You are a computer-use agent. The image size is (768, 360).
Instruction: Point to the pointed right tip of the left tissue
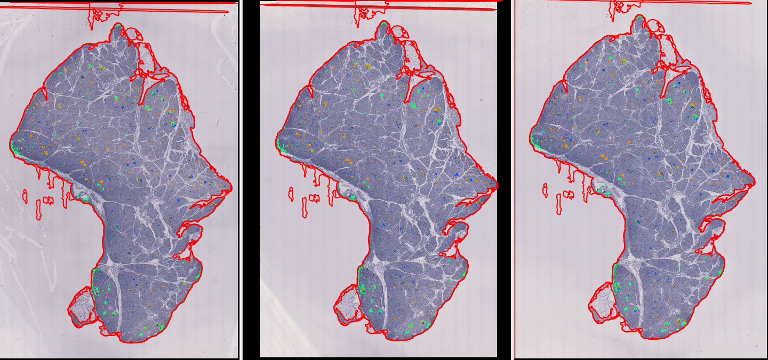click(x=230, y=187)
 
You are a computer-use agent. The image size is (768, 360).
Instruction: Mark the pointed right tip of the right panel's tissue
click(x=753, y=179)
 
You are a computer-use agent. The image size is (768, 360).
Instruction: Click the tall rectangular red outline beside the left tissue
click(x=38, y=210)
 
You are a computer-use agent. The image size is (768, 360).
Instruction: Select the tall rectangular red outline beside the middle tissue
click(x=304, y=208)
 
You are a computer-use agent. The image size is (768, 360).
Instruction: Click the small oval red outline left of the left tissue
click(x=25, y=196)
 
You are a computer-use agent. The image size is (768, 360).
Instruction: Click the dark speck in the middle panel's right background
click(x=481, y=100)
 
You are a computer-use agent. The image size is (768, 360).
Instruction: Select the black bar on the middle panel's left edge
click(x=251, y=181)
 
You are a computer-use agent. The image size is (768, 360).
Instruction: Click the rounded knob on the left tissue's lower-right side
click(x=193, y=233)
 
